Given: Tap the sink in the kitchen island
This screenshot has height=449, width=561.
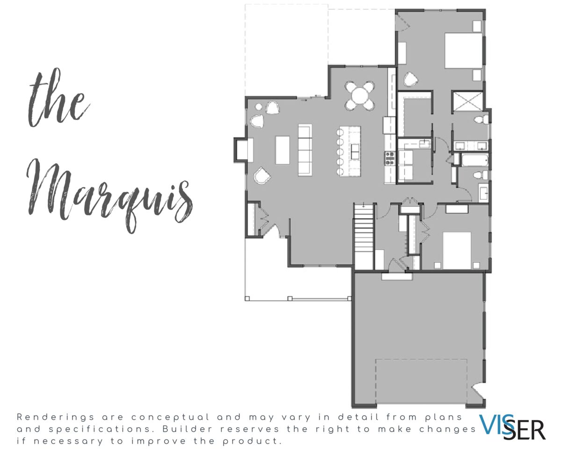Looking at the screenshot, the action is [x=355, y=152].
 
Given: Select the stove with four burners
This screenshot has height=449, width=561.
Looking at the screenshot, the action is [x=390, y=159].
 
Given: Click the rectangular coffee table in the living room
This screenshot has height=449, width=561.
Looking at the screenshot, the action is [x=282, y=150].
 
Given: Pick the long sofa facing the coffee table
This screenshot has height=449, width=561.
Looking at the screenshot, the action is [x=305, y=150].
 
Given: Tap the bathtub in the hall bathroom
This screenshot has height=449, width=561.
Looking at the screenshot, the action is [x=475, y=160].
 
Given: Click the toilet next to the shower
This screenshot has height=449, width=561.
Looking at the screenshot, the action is [x=481, y=119].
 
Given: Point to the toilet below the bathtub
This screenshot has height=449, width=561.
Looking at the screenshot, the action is [x=481, y=175].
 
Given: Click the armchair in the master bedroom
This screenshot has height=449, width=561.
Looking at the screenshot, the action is [x=410, y=79].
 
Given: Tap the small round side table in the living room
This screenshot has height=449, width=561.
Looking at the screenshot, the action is [x=259, y=107].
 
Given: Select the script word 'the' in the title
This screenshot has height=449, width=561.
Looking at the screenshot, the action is [x=58, y=98].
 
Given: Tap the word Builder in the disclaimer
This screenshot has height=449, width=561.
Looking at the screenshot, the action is [x=188, y=429].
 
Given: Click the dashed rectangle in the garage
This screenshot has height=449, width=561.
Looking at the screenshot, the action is [x=421, y=382].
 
